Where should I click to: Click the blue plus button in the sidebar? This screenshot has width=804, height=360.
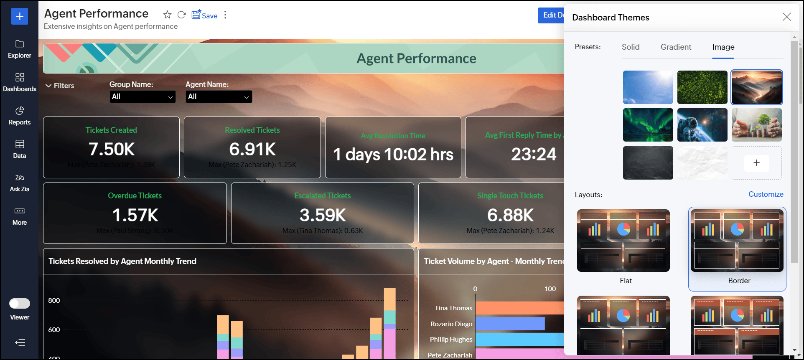pyautogui.click(x=20, y=16)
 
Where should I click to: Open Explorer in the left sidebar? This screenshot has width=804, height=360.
pyautogui.click(x=20, y=49)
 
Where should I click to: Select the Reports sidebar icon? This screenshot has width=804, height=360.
pyautogui.click(x=20, y=116)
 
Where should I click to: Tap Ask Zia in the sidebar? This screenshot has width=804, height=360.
pyautogui.click(x=20, y=183)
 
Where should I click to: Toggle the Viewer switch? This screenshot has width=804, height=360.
pyautogui.click(x=20, y=303)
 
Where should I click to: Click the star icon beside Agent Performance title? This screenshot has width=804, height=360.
pyautogui.click(x=167, y=15)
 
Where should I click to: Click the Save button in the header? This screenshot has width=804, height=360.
pyautogui.click(x=205, y=15)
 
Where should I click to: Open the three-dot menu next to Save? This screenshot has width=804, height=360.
pyautogui.click(x=225, y=15)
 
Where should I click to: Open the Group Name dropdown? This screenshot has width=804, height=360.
pyautogui.click(x=142, y=96)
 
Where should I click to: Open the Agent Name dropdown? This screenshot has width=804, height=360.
pyautogui.click(x=219, y=96)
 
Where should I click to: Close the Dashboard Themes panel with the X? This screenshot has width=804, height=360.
pyautogui.click(x=786, y=17)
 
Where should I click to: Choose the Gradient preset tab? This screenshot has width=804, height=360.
pyautogui.click(x=676, y=47)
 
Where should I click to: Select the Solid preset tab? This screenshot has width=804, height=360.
pyautogui.click(x=631, y=47)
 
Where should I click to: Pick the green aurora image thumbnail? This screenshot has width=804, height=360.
pyautogui.click(x=648, y=125)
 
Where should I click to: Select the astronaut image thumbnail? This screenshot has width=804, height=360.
pyautogui.click(x=702, y=125)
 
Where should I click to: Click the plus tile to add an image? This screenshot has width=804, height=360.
pyautogui.click(x=756, y=163)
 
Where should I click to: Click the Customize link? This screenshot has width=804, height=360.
pyautogui.click(x=766, y=194)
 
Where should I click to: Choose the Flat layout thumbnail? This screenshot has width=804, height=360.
pyautogui.click(x=623, y=241)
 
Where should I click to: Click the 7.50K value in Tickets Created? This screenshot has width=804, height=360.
pyautogui.click(x=112, y=149)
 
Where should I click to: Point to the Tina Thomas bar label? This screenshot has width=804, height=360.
pyautogui.click(x=453, y=308)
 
